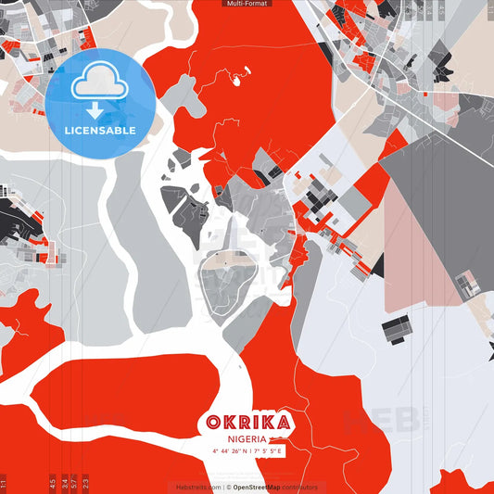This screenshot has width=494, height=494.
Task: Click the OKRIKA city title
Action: (247, 423)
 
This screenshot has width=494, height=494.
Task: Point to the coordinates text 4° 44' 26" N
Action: (222, 451)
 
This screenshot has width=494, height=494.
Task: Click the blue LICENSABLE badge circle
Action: (100, 102)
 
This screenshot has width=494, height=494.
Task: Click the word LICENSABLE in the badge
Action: (100, 130)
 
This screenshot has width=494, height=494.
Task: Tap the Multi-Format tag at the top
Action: (247, 4)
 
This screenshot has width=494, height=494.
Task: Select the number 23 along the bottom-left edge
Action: (86, 482)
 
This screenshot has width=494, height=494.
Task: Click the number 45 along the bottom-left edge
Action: (53, 482)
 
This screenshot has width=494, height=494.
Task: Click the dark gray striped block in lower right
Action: (396, 326)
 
